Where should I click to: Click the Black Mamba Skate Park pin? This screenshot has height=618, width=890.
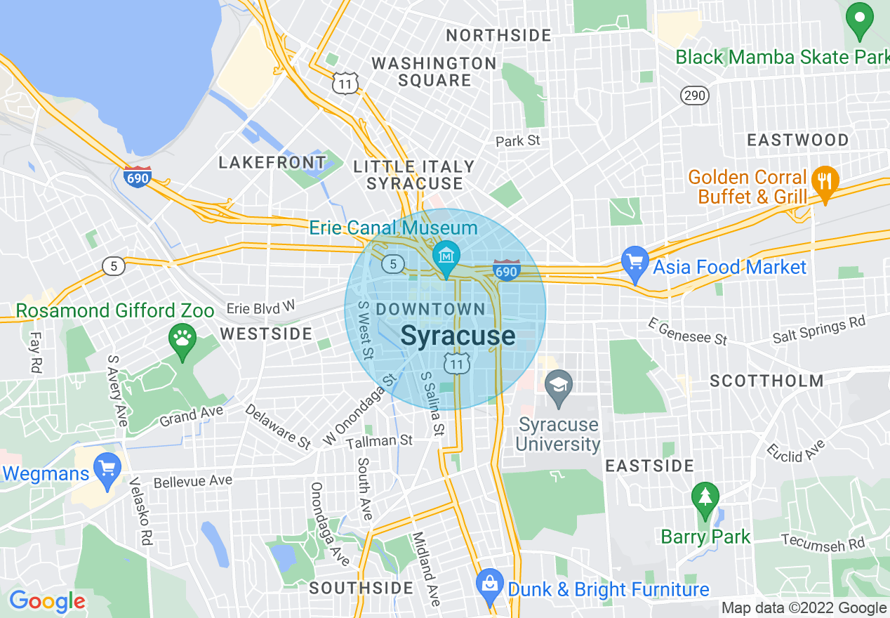[x=858, y=21]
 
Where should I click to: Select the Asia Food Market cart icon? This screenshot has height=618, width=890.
[x=635, y=264]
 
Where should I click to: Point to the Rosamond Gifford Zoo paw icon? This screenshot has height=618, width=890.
[x=182, y=341]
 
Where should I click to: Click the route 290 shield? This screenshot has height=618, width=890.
[x=694, y=95]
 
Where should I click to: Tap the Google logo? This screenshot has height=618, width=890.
[x=47, y=601]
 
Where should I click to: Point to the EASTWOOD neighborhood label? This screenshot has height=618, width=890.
[x=797, y=140]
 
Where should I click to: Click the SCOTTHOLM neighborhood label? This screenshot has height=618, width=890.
[x=766, y=381]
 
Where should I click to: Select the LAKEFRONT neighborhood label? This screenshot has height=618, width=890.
[x=272, y=163]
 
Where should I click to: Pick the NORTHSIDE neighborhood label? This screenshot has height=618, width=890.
[x=498, y=35]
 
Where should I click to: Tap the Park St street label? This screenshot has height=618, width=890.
[x=518, y=140]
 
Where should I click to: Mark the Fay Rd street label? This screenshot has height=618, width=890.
[x=35, y=353]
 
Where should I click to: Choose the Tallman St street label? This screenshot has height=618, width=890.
[x=380, y=441]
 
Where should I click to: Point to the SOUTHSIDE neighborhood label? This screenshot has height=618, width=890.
[x=361, y=588]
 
